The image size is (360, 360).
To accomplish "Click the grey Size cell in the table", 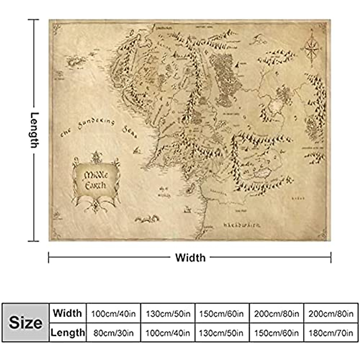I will tap(25, 322).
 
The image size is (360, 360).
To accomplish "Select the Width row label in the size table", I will tap(67, 313).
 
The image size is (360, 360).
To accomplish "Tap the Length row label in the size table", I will tap(68, 332).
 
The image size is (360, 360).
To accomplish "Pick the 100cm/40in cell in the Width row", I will tap(113, 314).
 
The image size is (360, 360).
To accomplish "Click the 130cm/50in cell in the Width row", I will tap(168, 314).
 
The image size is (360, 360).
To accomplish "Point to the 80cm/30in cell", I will tap(113, 333).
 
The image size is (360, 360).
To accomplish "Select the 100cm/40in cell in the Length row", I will tap(168, 333).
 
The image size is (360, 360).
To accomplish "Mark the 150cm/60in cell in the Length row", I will tap(277, 333).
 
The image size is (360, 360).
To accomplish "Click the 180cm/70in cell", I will tap(331, 333).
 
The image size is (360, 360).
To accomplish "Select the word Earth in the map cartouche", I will tap(95, 185).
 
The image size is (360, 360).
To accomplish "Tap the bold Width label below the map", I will tap(190, 258).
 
